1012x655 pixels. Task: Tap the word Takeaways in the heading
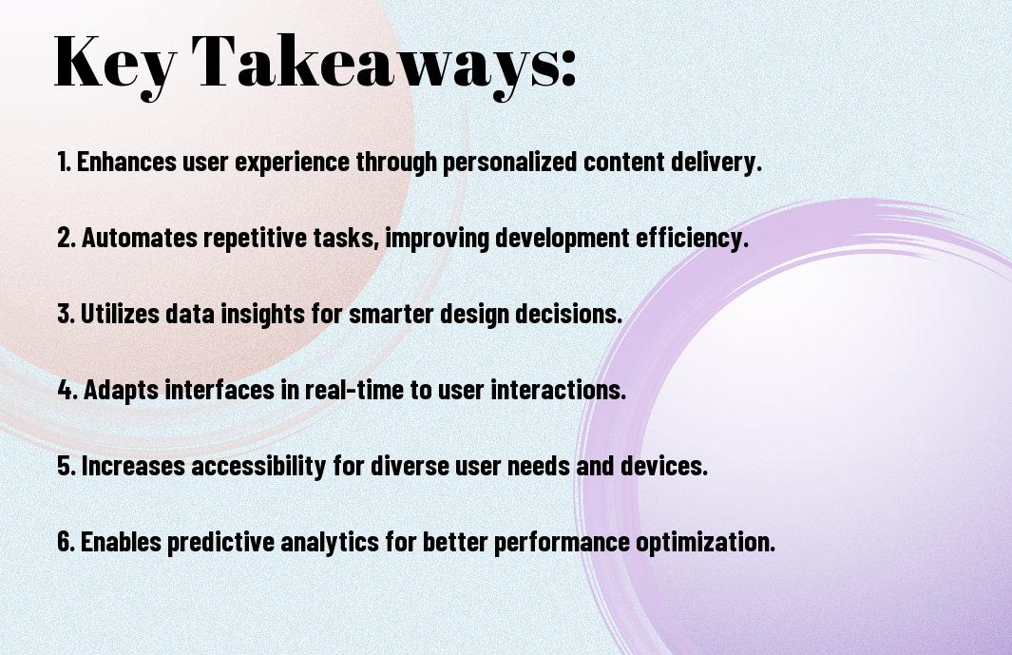(372, 64)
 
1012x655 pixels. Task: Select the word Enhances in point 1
(126, 162)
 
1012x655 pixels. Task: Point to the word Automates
(140, 238)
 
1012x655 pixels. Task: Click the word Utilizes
(120, 314)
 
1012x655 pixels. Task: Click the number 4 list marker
(67, 390)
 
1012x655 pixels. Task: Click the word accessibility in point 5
(258, 466)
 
